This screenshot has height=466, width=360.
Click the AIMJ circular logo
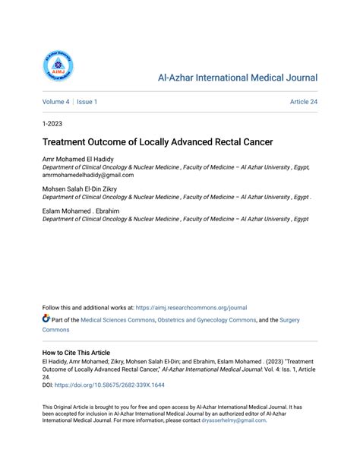tap(58, 67)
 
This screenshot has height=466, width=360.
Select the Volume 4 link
tap(55, 101)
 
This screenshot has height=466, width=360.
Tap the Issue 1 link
tap(86, 101)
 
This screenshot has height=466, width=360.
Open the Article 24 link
tap(303, 101)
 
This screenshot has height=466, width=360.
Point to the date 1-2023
tap(53, 122)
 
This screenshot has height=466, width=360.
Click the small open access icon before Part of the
tap(46, 319)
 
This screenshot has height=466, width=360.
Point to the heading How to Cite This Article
tap(76, 353)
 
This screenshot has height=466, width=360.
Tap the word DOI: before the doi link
tap(49, 386)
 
